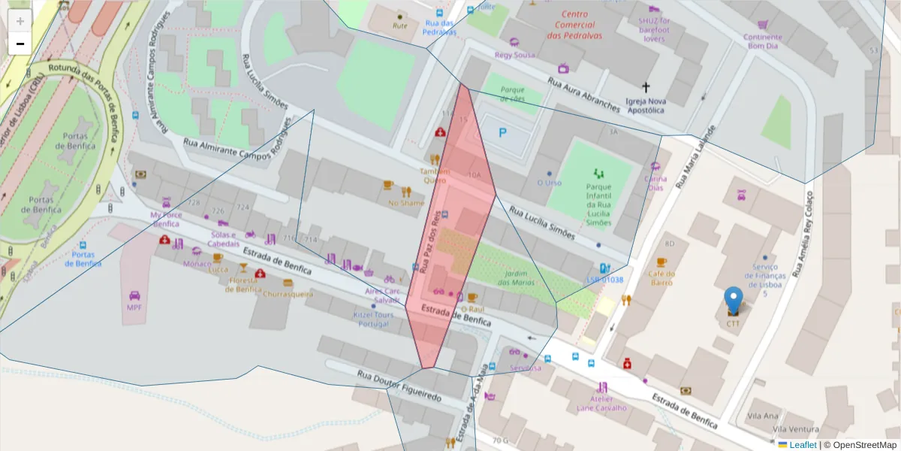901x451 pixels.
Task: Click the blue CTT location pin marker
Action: pyautogui.click(x=733, y=301)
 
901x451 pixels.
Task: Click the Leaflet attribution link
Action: pyautogui.click(x=802, y=445)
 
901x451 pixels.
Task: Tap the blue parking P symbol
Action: pyautogui.click(x=503, y=133)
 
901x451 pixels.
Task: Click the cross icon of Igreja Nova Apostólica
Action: pyautogui.click(x=646, y=87)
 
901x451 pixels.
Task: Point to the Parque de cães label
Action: pyautogui.click(x=512, y=94)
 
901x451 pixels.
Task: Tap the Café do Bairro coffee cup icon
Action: pyautogui.click(x=661, y=262)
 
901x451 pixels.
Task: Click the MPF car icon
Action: pyautogui.click(x=134, y=295)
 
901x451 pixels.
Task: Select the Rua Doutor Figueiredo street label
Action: pyautogui.click(x=399, y=386)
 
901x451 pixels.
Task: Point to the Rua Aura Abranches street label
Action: pyautogui.click(x=583, y=95)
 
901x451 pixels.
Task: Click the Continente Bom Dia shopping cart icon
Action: pyautogui.click(x=763, y=25)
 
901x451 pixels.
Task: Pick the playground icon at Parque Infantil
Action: pyautogui.click(x=598, y=174)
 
